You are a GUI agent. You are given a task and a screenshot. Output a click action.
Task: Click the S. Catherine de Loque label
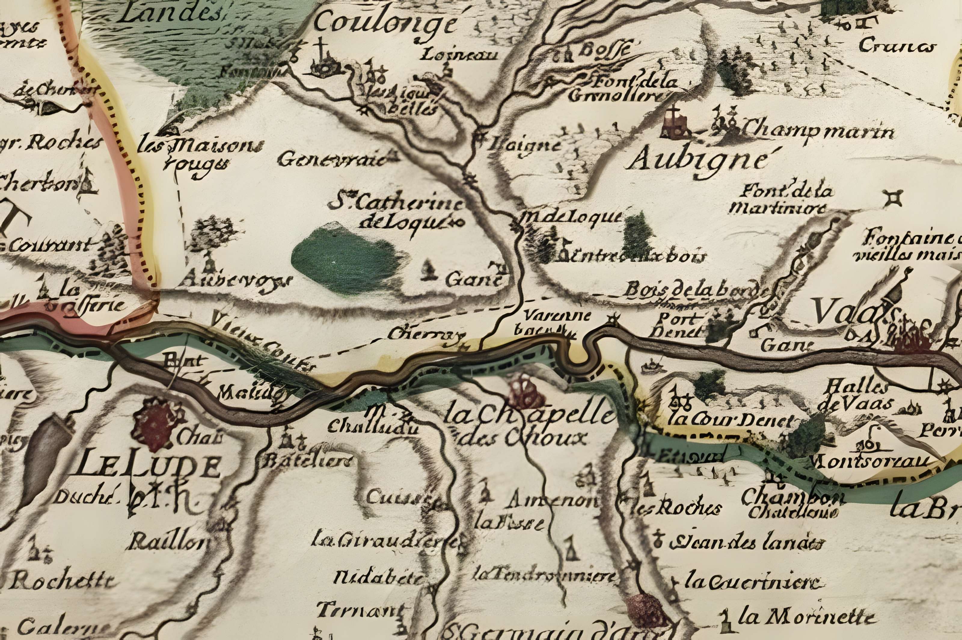(x=398, y=212)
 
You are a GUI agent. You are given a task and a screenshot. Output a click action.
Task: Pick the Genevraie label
(x=331, y=160)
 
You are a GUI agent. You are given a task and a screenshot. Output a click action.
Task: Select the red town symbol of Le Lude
(x=159, y=424)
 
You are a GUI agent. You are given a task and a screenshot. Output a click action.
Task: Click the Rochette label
(x=61, y=580)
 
